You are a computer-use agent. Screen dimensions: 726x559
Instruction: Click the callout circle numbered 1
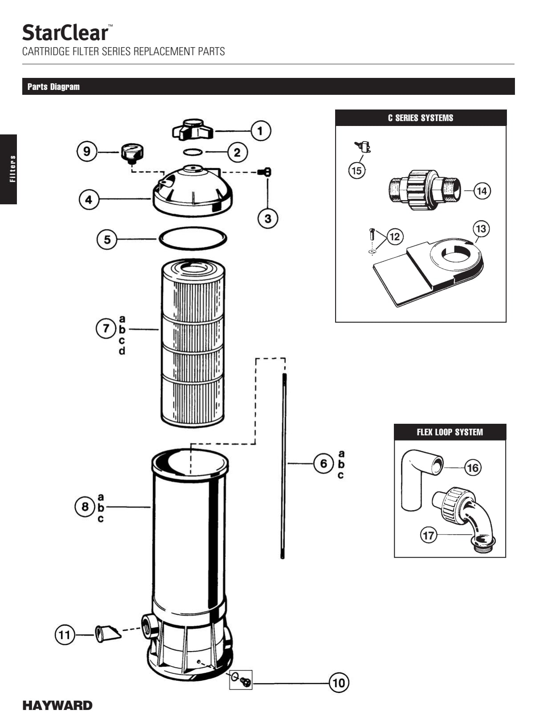pyautogui.click(x=260, y=131)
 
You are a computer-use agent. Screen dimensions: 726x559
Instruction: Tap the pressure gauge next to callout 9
pyautogui.click(x=132, y=153)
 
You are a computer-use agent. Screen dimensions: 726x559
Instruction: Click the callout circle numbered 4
pyautogui.click(x=89, y=199)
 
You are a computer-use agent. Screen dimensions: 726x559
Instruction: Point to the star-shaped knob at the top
pyautogui.click(x=193, y=129)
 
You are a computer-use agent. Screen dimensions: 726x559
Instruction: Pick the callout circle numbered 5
pyautogui.click(x=107, y=239)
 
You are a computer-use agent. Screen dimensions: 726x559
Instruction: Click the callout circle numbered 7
pyautogui.click(x=106, y=329)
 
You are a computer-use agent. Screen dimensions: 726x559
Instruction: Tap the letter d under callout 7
pyautogui.click(x=122, y=351)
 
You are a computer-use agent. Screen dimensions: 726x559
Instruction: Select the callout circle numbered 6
pyautogui.click(x=324, y=464)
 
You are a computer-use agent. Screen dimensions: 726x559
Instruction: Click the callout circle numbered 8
pyautogui.click(x=85, y=507)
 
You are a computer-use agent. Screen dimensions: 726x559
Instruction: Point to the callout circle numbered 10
pyautogui.click(x=339, y=683)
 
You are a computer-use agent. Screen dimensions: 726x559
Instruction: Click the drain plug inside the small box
pyautogui.click(x=245, y=681)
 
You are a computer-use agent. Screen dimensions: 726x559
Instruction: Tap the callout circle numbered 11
pyautogui.click(x=65, y=634)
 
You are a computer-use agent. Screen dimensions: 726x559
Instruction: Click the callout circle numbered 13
pyautogui.click(x=481, y=229)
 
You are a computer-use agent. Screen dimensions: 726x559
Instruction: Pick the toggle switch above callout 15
pyautogui.click(x=364, y=146)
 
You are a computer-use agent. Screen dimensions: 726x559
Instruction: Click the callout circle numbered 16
pyautogui.click(x=473, y=468)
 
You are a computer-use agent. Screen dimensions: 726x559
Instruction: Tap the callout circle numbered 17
pyautogui.click(x=429, y=535)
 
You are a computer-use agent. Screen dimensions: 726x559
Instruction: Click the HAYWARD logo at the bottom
pyautogui.click(x=57, y=706)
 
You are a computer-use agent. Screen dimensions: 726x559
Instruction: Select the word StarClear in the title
pyautogui.click(x=65, y=33)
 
